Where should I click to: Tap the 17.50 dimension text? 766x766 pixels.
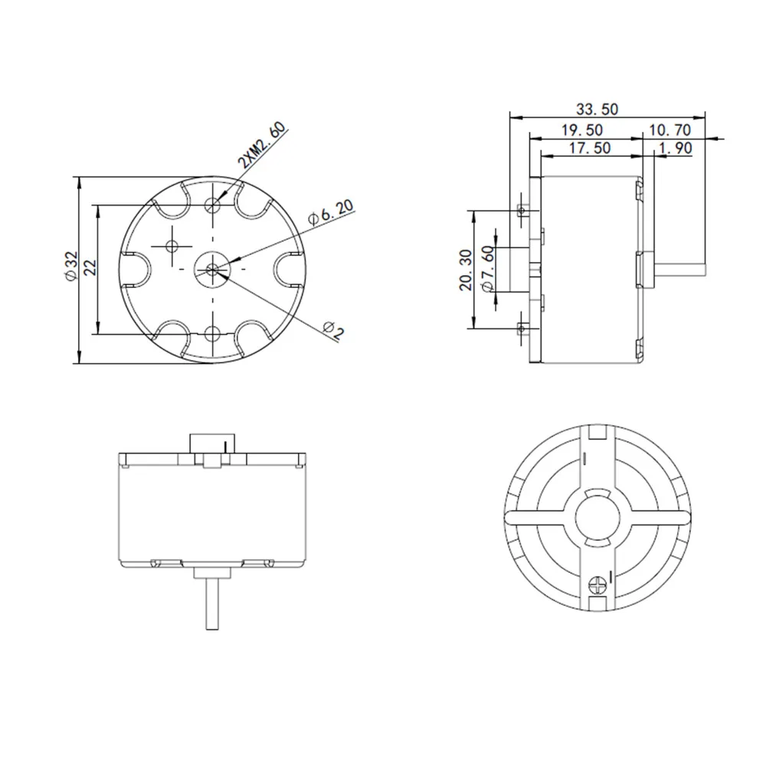(591, 149)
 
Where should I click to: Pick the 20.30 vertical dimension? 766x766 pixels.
(463, 269)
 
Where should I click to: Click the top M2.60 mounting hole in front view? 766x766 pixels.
(213, 205)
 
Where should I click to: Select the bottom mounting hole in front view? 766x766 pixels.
(213, 333)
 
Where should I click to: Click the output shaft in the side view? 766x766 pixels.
(679, 269)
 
